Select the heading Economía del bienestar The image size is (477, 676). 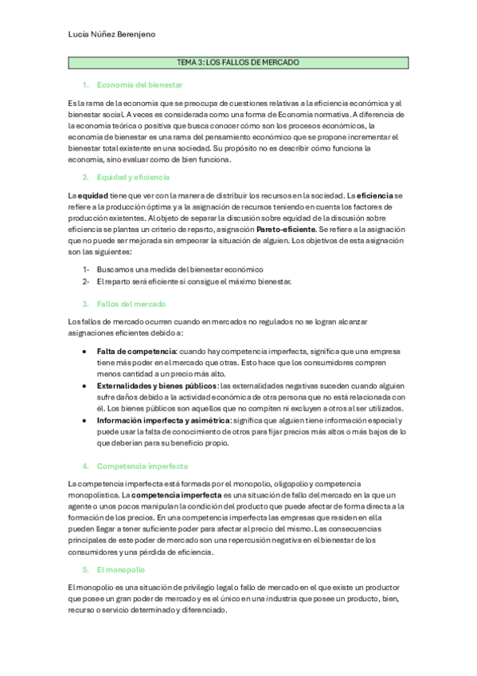[x=139, y=84]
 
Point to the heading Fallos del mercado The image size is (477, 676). [x=131, y=304]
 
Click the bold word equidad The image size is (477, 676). [x=92, y=195]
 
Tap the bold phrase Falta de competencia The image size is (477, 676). [x=136, y=351]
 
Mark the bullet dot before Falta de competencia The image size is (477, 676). [x=85, y=351]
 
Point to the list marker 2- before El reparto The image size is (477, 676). [x=84, y=281]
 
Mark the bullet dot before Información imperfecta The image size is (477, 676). [x=85, y=420]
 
